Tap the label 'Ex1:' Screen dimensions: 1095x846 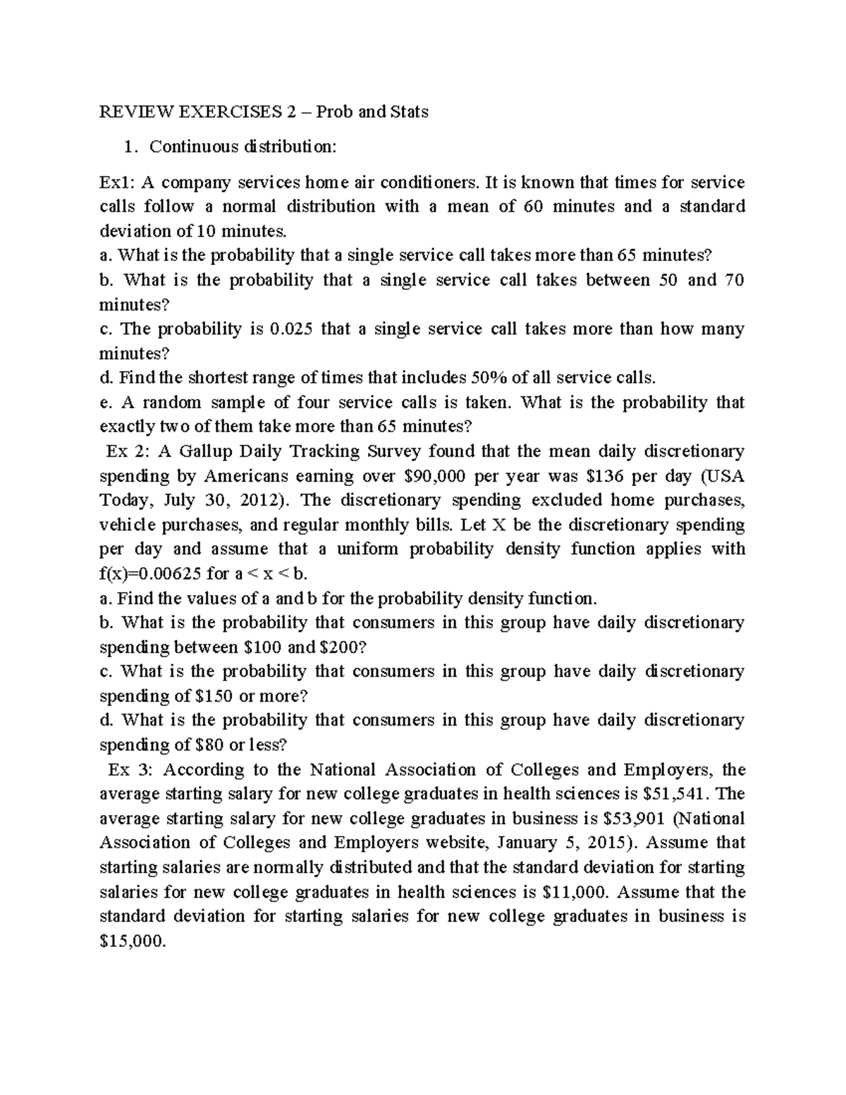coord(116,183)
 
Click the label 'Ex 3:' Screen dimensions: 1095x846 coord(129,769)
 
